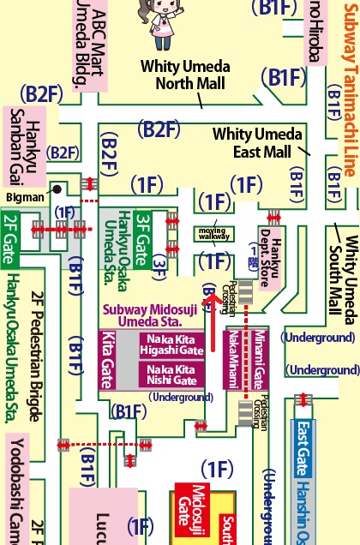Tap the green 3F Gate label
click(x=144, y=231)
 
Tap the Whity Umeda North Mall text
click(x=183, y=75)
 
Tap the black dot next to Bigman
click(x=57, y=189)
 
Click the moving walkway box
click(x=213, y=233)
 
